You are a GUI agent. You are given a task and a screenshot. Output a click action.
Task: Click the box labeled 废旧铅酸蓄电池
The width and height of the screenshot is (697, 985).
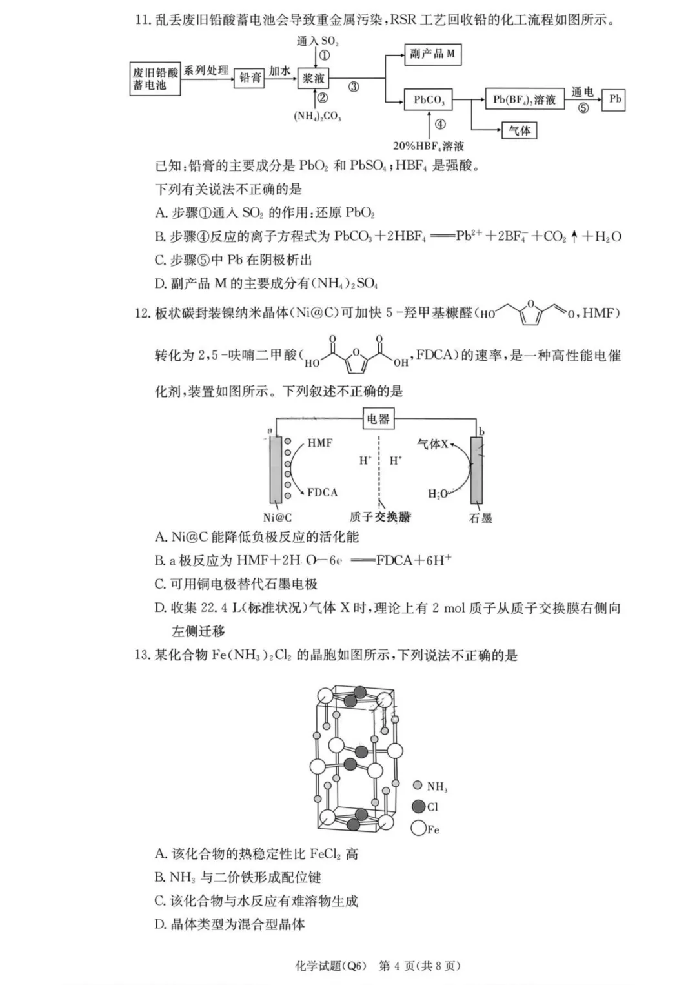155,79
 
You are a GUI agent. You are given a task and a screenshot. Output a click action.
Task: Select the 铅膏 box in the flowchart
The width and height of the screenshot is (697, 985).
250,77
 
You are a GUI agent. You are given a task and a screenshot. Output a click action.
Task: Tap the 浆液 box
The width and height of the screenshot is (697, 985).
314,79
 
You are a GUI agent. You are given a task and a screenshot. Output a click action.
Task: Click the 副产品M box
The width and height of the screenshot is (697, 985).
432,54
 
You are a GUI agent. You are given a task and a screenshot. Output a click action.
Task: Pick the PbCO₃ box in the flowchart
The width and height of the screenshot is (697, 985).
429,100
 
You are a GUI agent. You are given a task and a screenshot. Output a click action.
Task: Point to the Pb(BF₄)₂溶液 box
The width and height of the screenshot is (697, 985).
524,99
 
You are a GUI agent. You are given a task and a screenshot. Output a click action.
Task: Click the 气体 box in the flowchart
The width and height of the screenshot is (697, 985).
519,130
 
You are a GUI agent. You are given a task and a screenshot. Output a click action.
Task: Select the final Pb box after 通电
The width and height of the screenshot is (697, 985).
614,99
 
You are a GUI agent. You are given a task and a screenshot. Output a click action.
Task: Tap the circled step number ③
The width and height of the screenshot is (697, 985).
354,87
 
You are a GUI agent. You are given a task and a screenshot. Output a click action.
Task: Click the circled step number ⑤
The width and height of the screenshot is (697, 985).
583,108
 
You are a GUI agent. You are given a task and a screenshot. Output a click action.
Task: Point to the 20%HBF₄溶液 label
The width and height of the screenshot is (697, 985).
429,147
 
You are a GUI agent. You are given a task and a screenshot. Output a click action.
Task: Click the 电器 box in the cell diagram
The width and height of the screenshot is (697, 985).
378,419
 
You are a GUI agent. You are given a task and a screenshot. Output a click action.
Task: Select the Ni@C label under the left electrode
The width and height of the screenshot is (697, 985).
278,517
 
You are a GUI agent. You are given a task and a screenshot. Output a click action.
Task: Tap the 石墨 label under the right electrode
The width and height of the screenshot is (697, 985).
480,517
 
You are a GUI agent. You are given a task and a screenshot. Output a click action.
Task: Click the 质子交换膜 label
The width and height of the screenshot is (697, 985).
380,516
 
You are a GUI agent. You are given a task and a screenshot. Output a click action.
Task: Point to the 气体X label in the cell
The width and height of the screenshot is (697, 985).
432,444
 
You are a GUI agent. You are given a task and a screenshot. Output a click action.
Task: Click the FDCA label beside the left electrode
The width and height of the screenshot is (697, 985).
322,492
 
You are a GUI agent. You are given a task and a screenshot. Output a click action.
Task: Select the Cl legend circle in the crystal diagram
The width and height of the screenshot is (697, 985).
418,807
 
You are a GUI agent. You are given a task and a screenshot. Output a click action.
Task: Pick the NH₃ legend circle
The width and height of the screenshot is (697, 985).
417,786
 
